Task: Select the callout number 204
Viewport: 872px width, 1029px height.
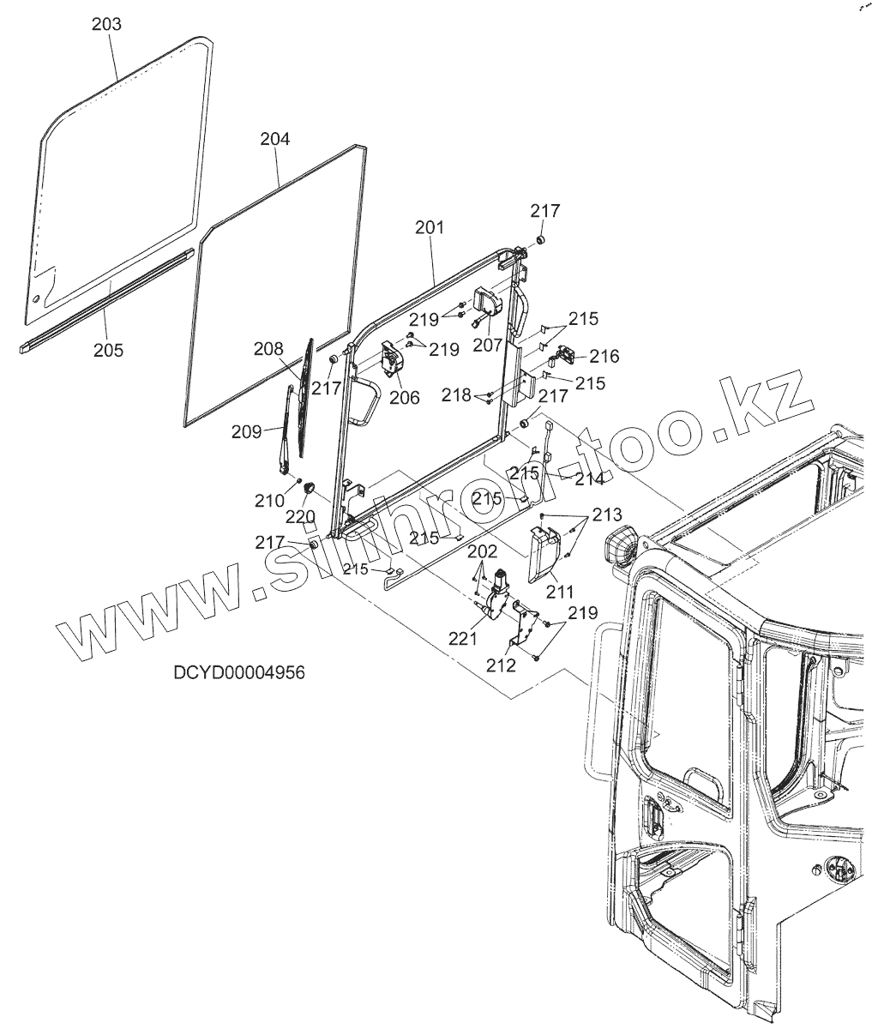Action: [275, 139]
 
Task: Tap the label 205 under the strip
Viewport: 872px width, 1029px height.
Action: [108, 350]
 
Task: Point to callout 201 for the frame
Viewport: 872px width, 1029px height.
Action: [430, 228]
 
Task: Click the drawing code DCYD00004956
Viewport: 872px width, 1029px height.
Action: [239, 673]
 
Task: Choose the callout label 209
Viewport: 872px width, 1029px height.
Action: [246, 432]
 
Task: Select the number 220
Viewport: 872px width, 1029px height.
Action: [301, 516]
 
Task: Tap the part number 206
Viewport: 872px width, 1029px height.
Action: [404, 398]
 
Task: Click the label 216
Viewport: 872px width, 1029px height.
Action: [604, 356]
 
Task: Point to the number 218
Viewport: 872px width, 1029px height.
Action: [457, 395]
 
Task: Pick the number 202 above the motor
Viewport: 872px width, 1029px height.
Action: [482, 550]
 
